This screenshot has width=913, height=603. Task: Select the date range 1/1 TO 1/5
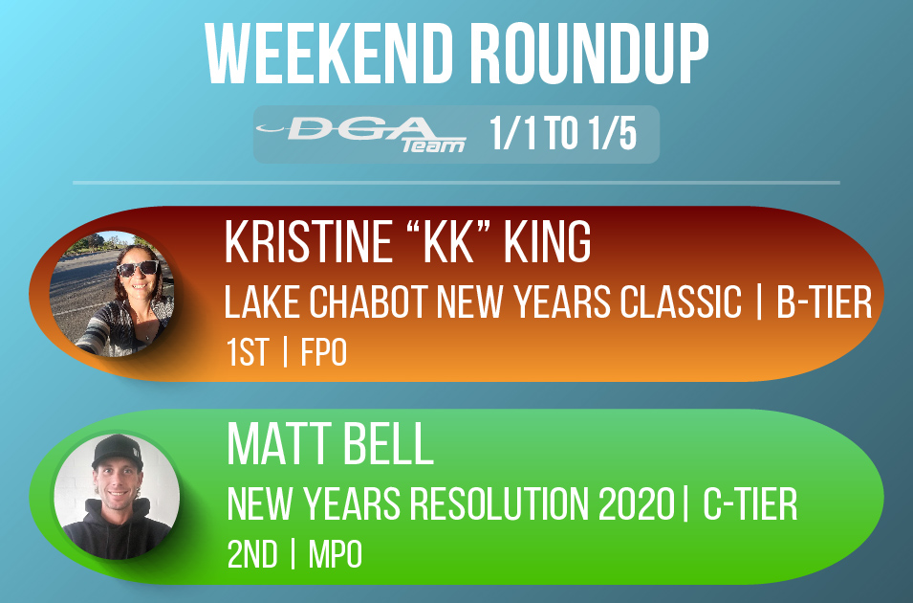pos(562,135)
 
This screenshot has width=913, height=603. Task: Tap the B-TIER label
pos(823,304)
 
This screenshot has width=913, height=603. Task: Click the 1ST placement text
pos(248,354)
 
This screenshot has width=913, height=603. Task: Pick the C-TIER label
pos(750,506)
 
